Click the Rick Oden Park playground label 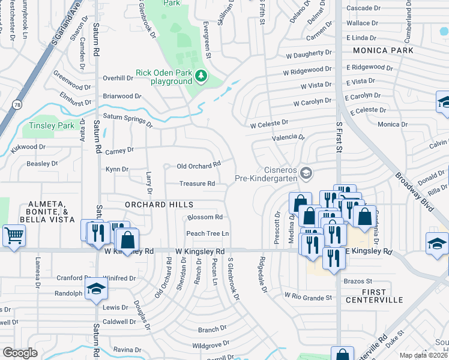tap(163, 76)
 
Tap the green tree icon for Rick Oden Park tap(202, 76)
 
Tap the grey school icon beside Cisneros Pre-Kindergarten tap(306, 173)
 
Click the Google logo tap(20, 353)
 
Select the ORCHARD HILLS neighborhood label tap(159, 205)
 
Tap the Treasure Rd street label tap(197, 184)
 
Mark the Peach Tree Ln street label tap(208, 233)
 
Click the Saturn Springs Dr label tap(127, 119)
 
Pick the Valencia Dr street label tap(288, 137)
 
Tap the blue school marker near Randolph tap(95, 289)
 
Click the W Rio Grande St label tap(308, 297)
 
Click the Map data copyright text tap(424, 355)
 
